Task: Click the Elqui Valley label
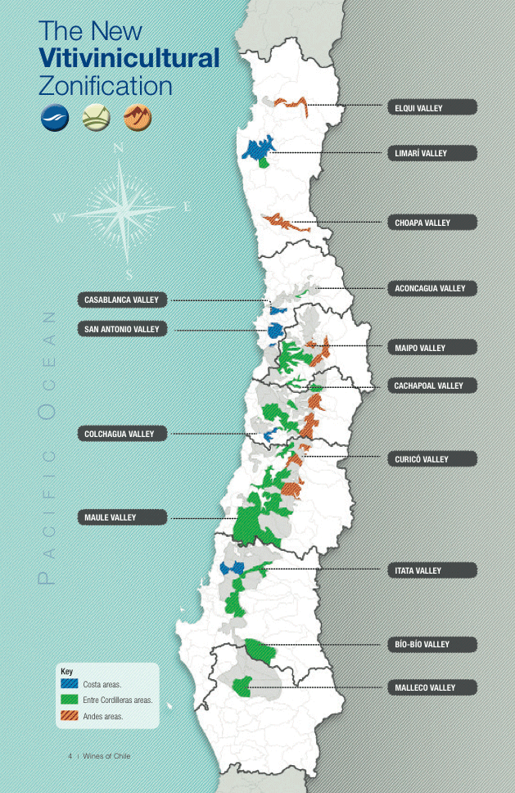(431, 107)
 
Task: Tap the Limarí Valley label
(431, 153)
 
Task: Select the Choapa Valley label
(431, 223)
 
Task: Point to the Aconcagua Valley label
(431, 288)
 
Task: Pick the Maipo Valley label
(431, 348)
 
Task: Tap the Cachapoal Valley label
(431, 385)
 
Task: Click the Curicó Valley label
(431, 459)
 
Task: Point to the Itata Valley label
(431, 570)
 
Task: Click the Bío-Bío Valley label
(431, 644)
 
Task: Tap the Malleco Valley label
(431, 687)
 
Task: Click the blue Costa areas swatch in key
(70, 683)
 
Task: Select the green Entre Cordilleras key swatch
(70, 700)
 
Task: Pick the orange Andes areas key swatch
(70, 717)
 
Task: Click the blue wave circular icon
(53, 119)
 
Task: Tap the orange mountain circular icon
(138, 119)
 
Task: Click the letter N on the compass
(119, 148)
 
